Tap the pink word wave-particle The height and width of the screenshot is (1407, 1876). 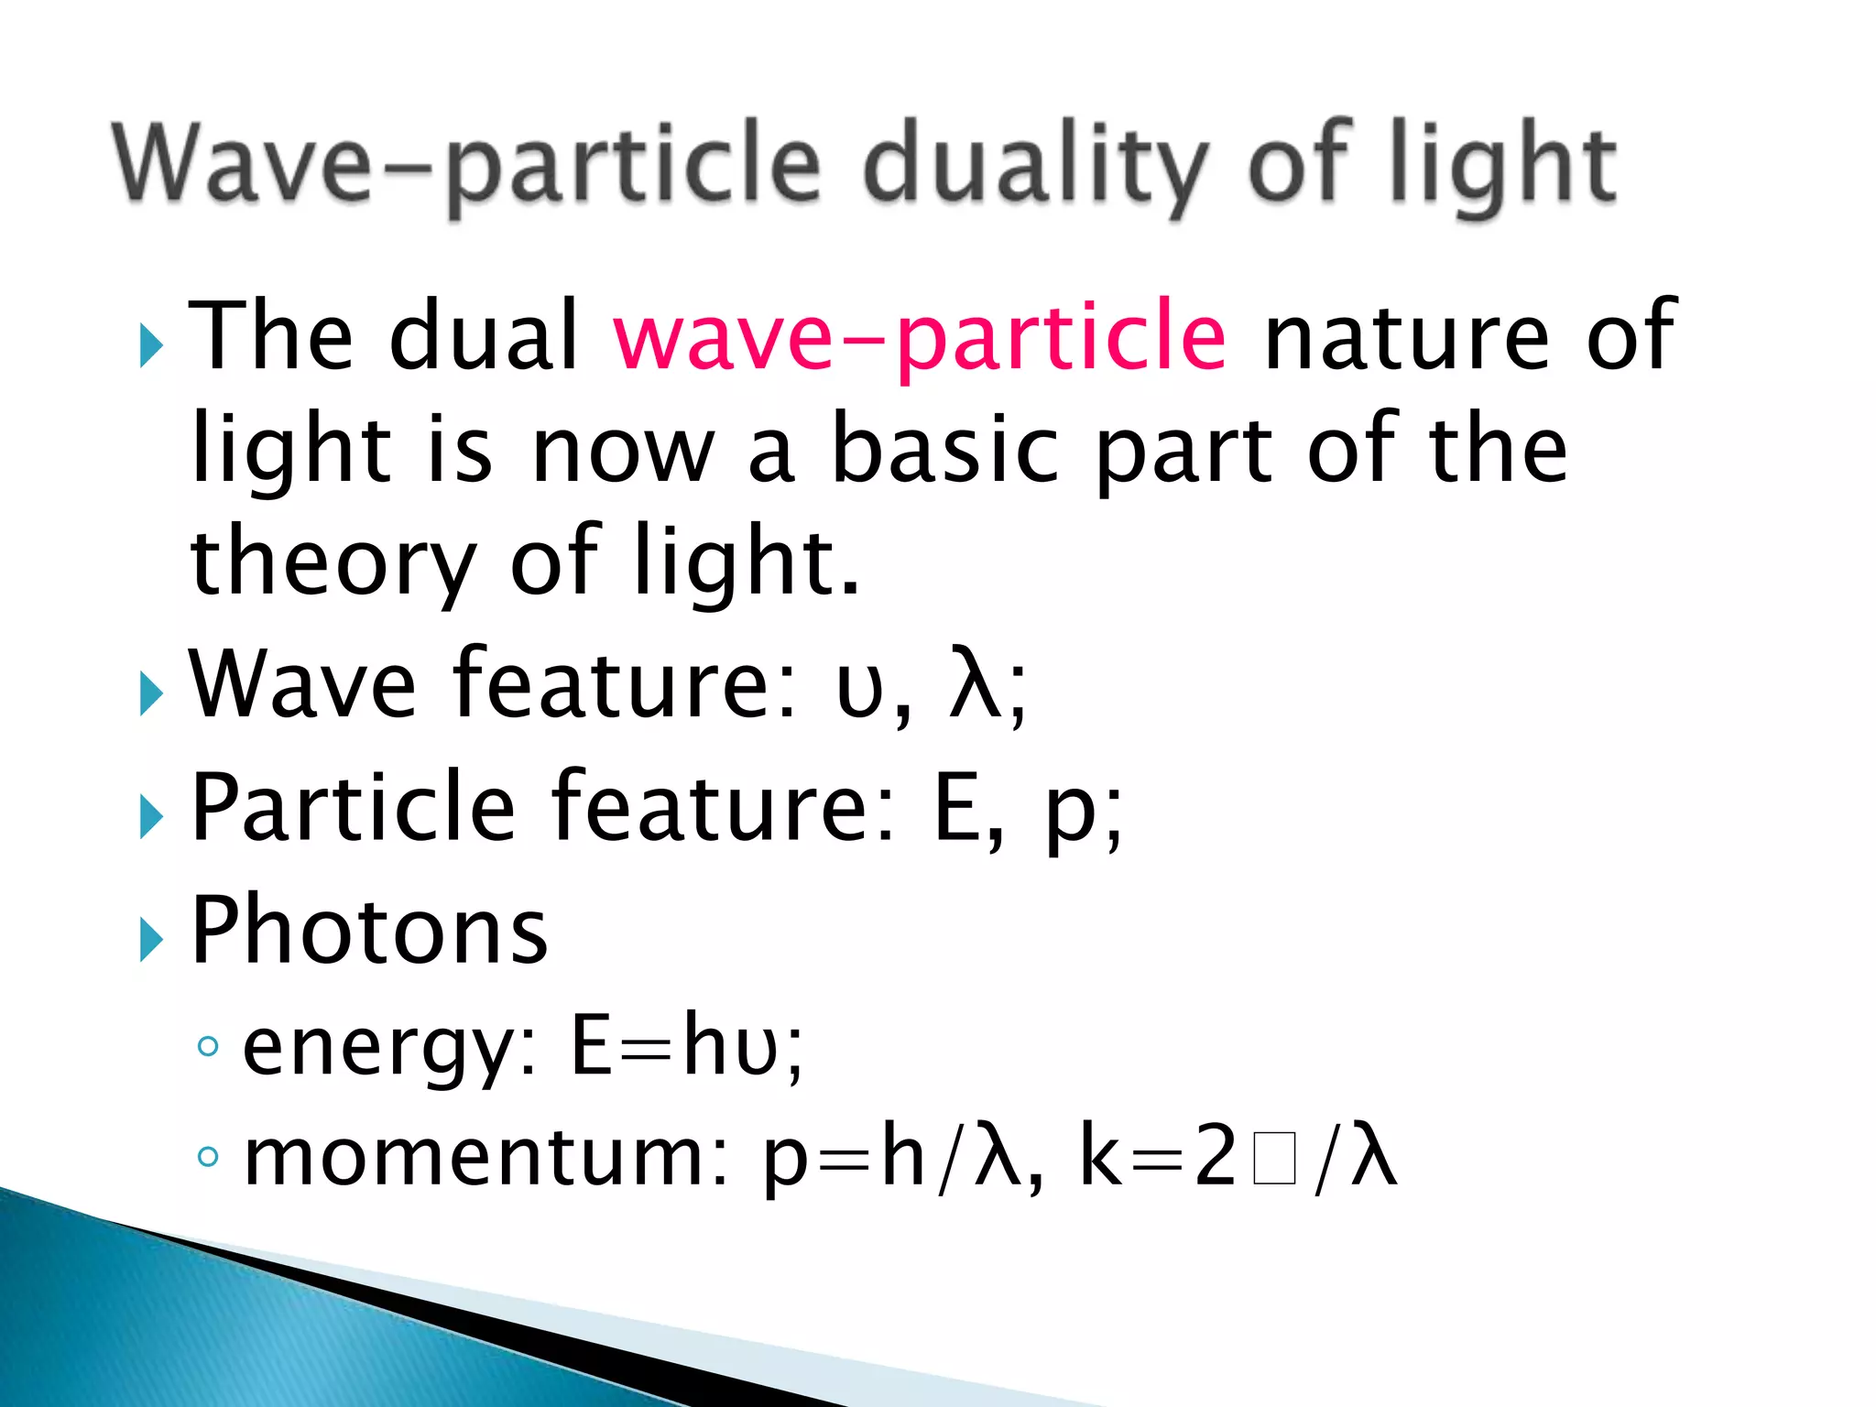pos(920,337)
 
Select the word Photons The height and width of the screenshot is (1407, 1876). pos(369,931)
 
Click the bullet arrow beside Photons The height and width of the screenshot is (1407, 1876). pos(151,940)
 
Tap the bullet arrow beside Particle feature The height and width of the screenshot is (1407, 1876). pos(151,816)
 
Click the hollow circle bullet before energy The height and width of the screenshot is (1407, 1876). pos(209,1045)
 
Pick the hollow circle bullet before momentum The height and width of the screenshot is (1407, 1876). pos(209,1157)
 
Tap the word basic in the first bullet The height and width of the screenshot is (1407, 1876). pos(944,449)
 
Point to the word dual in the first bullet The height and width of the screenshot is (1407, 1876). pos(485,337)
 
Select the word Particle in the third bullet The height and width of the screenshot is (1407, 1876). pos(354,807)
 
